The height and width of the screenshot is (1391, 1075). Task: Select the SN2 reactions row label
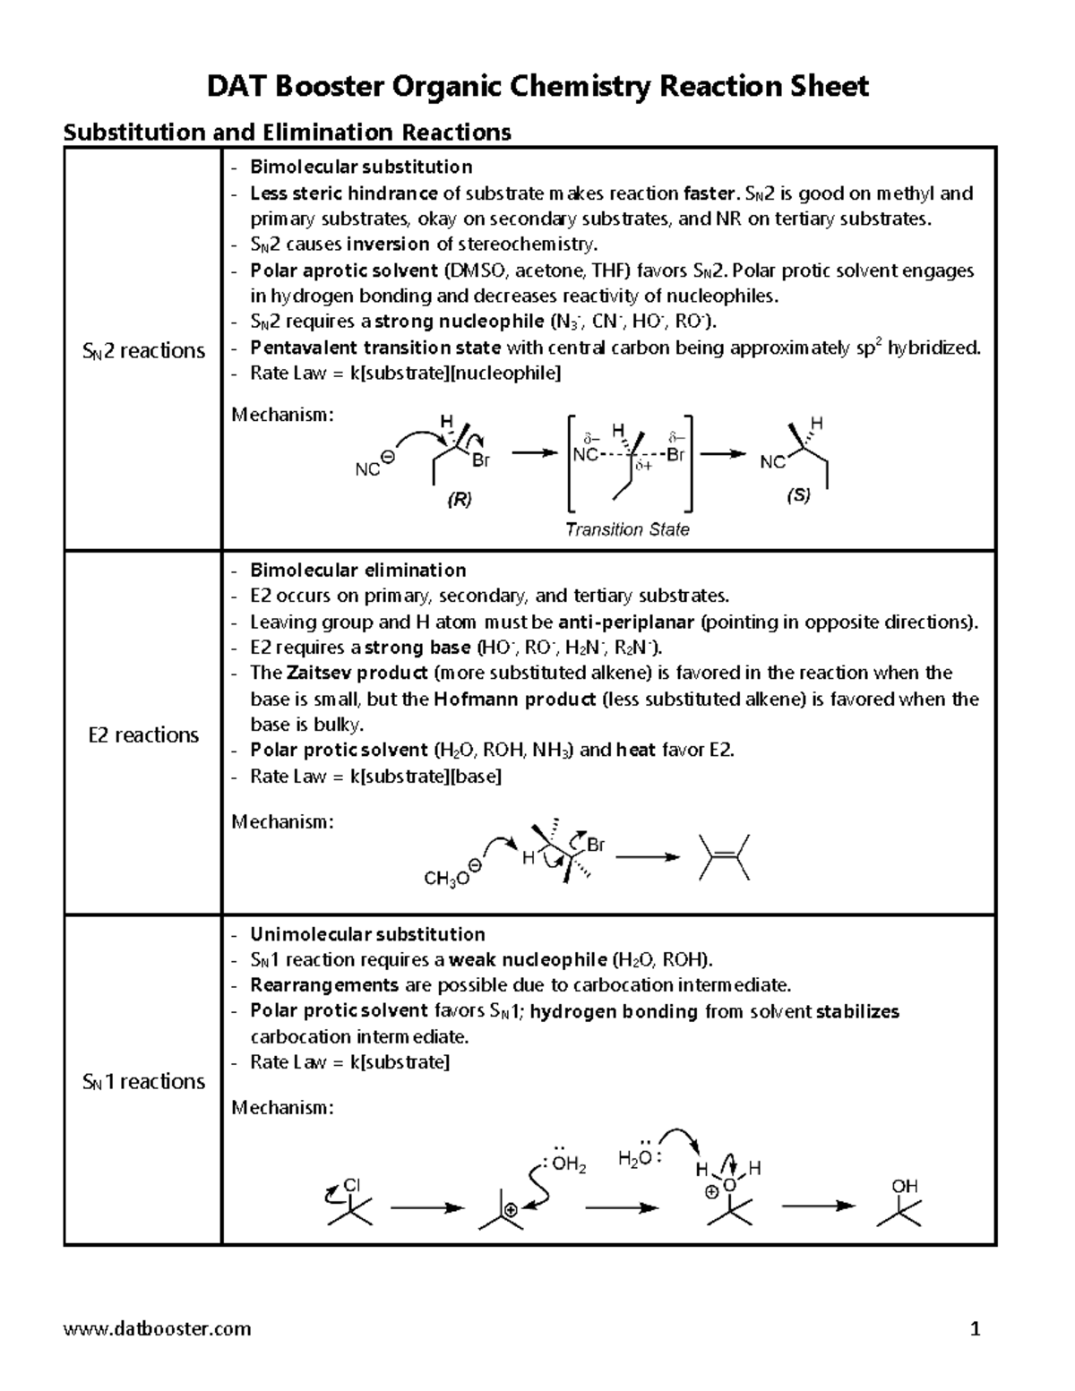click(143, 351)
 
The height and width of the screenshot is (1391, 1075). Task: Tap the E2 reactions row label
click(143, 735)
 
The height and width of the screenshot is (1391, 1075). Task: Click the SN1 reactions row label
click(143, 1082)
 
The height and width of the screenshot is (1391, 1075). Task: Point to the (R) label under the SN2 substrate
click(459, 500)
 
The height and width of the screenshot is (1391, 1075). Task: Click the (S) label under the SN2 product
click(798, 494)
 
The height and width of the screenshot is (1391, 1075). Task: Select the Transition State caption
click(627, 529)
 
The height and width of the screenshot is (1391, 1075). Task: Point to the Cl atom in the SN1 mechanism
click(351, 1185)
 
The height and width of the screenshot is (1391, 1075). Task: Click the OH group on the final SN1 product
click(904, 1187)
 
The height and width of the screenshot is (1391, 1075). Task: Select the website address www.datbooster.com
click(157, 1328)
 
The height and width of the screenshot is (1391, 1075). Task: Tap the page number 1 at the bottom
click(976, 1328)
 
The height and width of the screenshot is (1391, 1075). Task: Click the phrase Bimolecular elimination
click(357, 571)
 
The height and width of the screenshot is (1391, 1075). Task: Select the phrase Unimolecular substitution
click(367, 934)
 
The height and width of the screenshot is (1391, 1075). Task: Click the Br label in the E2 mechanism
click(596, 845)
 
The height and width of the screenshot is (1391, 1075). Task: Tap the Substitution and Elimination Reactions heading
click(287, 133)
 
